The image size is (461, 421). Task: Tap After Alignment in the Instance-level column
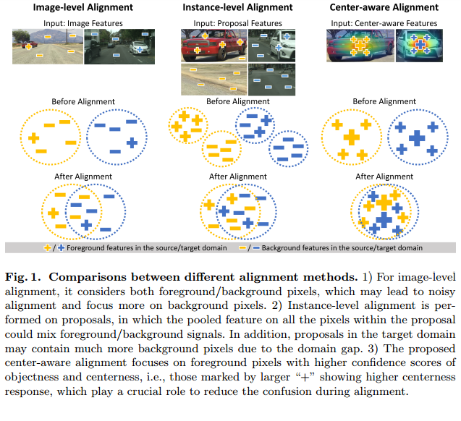239,177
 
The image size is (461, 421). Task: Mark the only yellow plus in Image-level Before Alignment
33,137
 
